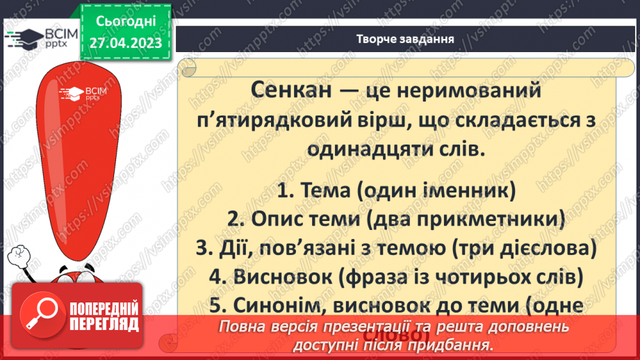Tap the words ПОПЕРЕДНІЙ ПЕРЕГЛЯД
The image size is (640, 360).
104,317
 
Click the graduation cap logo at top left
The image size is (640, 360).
23,38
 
